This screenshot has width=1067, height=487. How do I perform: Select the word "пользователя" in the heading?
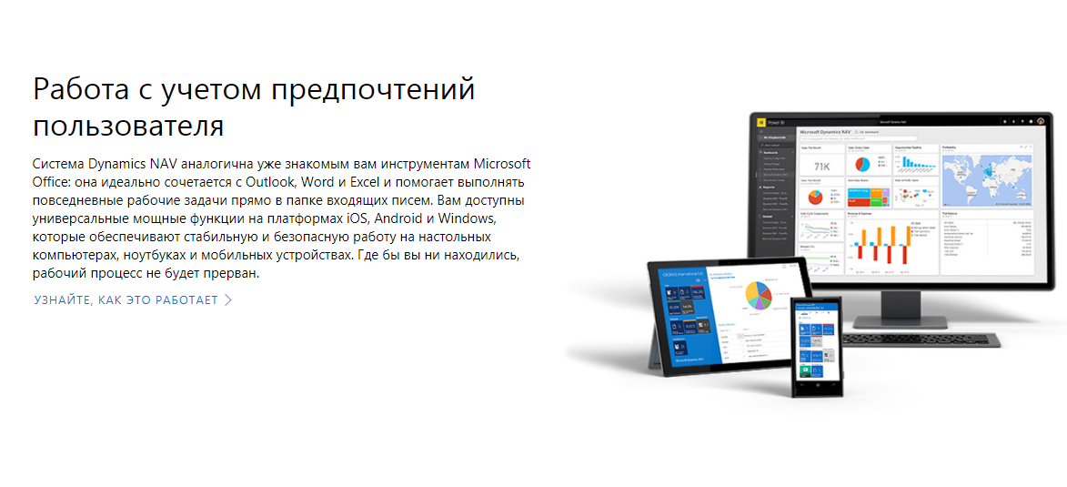(x=128, y=125)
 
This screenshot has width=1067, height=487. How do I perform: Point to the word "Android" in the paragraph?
(x=406, y=218)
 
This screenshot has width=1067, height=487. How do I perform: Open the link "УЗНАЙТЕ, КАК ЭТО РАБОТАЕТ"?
(x=126, y=299)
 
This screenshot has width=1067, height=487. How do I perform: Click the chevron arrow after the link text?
(x=228, y=299)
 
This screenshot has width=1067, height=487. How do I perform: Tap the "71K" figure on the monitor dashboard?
(x=821, y=166)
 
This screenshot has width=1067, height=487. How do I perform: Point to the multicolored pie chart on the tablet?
(x=757, y=295)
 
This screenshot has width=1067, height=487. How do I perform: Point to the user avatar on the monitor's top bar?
(x=1040, y=120)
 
